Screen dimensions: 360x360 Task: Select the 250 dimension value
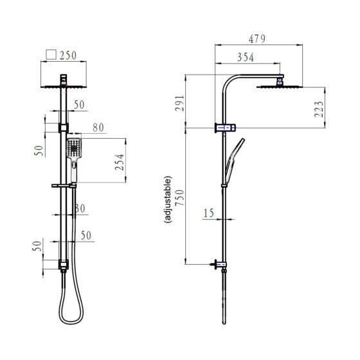point(68,55)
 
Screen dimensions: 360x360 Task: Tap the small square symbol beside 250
point(51,55)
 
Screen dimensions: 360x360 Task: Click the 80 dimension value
point(98,128)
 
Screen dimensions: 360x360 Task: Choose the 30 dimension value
point(80,208)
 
